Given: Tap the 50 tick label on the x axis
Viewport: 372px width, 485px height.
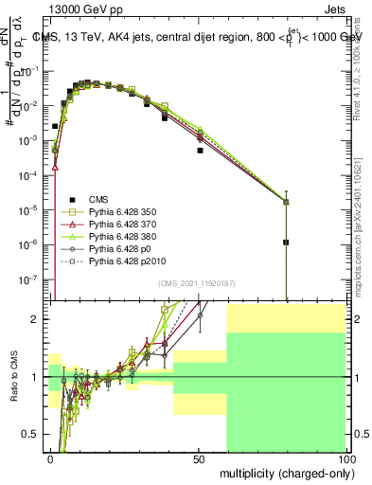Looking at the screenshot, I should click(x=199, y=458).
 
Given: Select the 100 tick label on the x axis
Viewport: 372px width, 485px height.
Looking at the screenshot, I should click(x=346, y=458).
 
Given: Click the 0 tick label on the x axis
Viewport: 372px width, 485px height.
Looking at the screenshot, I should click(x=50, y=458).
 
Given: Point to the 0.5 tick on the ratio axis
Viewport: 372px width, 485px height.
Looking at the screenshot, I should click(x=30, y=434).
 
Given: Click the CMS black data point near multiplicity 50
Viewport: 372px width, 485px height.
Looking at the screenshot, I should click(x=200, y=150).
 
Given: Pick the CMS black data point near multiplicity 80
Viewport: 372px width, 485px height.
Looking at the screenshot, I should click(x=285, y=242).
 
